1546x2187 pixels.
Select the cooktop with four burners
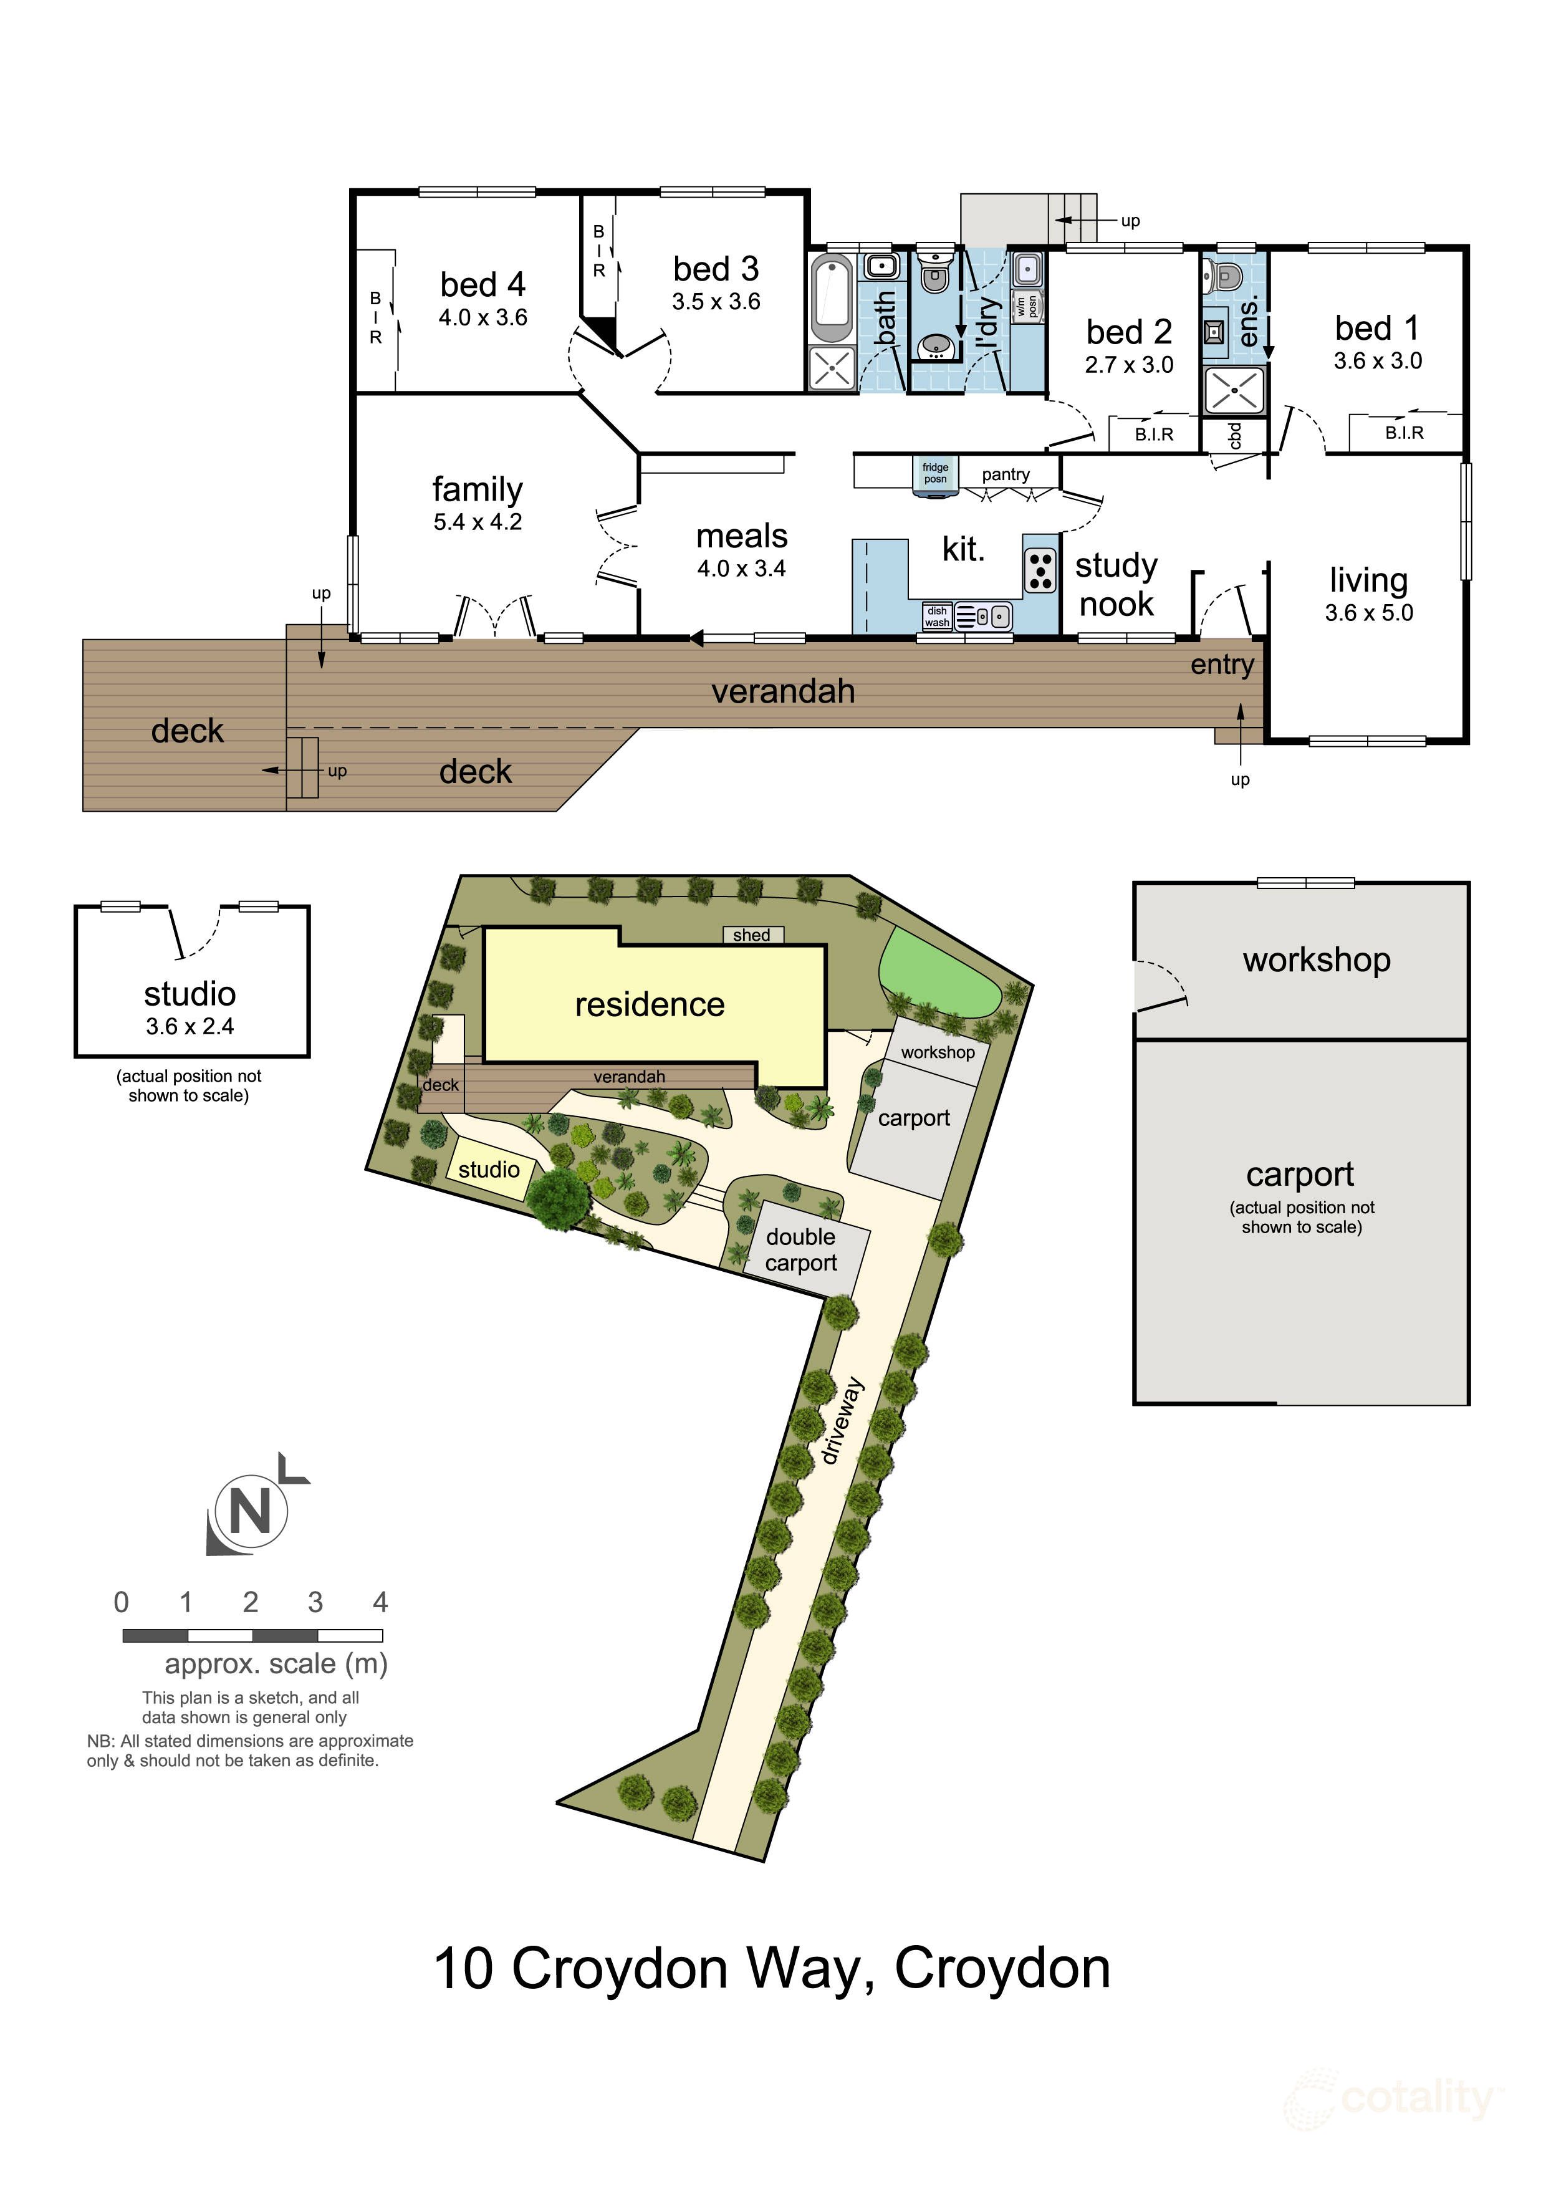click(1040, 570)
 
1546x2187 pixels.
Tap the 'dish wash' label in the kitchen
click(938, 617)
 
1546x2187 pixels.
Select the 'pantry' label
click(1006, 474)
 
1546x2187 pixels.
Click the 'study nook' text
click(1116, 585)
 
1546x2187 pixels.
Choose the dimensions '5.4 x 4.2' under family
click(478, 522)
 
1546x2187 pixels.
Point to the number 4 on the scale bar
click(380, 1602)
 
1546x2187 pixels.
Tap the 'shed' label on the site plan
click(752, 935)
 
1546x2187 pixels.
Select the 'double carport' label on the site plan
click(801, 1250)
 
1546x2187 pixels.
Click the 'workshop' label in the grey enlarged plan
click(1317, 960)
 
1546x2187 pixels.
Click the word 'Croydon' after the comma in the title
click(1002, 1969)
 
